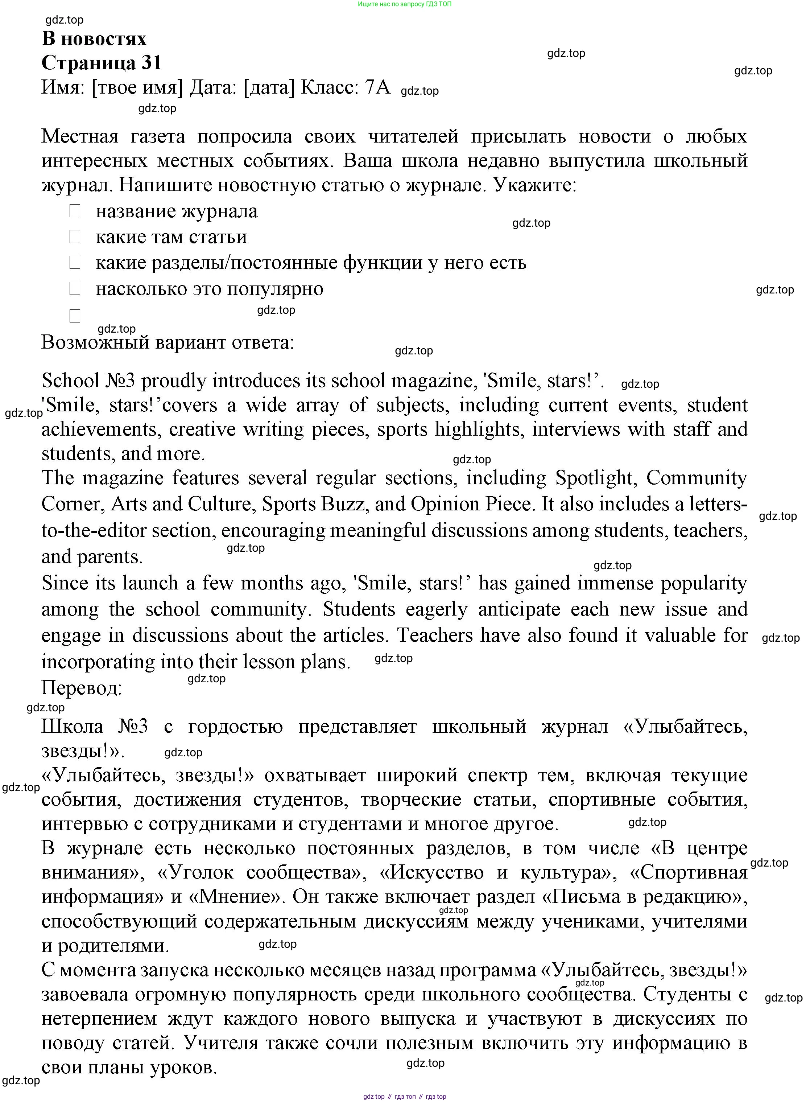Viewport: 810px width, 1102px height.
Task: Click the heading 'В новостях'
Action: [94, 39]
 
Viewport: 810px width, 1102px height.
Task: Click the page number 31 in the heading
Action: [152, 63]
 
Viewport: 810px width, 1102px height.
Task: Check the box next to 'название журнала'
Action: [75, 211]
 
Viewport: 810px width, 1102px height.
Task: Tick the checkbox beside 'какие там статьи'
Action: [75, 237]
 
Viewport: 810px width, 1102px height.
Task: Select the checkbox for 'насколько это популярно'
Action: [75, 288]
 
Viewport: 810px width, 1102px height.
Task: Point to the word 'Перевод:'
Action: [81, 688]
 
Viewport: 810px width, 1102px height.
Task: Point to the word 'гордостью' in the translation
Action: [235, 726]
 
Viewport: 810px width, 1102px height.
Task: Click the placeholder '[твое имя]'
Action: [137, 87]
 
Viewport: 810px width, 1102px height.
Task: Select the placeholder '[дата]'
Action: [269, 87]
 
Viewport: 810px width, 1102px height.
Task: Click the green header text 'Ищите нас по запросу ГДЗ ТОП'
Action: [405, 4]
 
